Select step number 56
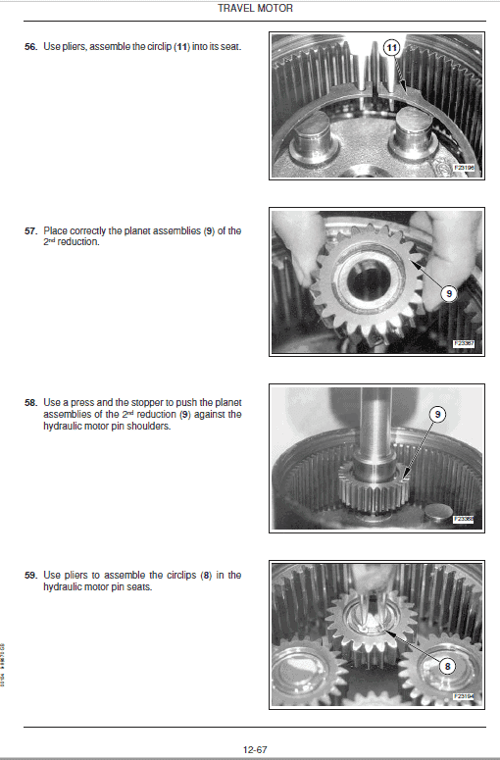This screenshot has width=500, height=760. (x=30, y=47)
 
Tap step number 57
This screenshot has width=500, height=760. (x=30, y=230)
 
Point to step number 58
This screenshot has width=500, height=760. (x=30, y=402)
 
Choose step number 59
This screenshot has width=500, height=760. (x=30, y=575)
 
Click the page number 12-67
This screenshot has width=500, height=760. (x=256, y=749)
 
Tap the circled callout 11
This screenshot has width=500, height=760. (x=391, y=47)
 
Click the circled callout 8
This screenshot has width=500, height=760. (x=448, y=665)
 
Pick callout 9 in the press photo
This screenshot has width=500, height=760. (x=437, y=415)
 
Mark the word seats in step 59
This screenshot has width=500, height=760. (x=118, y=586)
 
